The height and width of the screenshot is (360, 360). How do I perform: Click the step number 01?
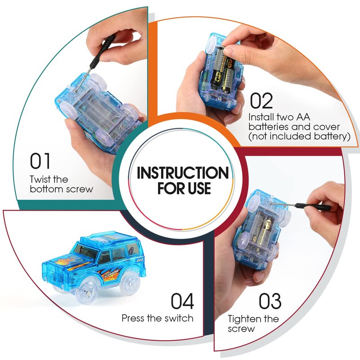[40, 161]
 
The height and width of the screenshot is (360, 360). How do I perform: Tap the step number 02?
[261, 100]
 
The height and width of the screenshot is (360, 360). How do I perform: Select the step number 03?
[270, 301]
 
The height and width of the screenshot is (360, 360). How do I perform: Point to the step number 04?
[182, 301]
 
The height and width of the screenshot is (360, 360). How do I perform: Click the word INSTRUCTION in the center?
[183, 173]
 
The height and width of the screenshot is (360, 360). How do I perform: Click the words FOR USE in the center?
[184, 188]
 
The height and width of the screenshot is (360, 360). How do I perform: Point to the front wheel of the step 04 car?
[86, 290]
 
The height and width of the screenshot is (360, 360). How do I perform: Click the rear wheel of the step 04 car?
[129, 282]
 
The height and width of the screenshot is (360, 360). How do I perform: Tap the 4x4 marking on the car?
[140, 260]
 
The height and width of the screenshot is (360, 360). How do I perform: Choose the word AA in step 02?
[303, 117]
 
